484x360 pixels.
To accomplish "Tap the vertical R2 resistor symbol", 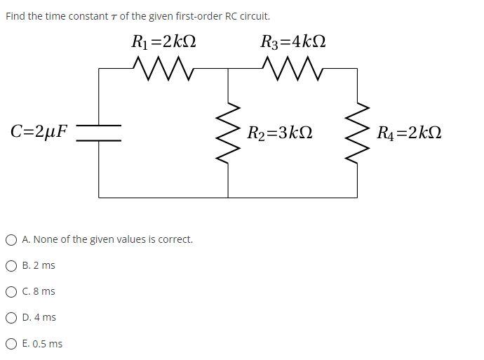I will (x=228, y=133).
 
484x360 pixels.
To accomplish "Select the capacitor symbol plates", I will (x=98, y=133).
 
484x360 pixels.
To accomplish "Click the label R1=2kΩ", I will (x=163, y=42).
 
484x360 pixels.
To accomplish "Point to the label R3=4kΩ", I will (x=293, y=42).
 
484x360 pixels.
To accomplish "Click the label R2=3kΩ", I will (x=280, y=133).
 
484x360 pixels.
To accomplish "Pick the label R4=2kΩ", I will (x=409, y=133).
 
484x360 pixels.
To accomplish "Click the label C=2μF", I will (x=39, y=131).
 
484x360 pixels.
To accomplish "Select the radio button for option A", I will (x=11, y=240).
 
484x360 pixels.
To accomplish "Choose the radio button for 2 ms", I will (x=11, y=266).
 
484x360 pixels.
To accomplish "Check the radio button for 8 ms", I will (x=11, y=292).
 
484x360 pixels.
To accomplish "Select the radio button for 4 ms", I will (x=11, y=318).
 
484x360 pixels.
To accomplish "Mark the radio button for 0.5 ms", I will (x=11, y=344).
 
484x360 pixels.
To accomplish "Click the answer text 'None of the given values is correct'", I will (x=107, y=239).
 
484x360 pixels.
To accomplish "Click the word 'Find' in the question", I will (x=15, y=15).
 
